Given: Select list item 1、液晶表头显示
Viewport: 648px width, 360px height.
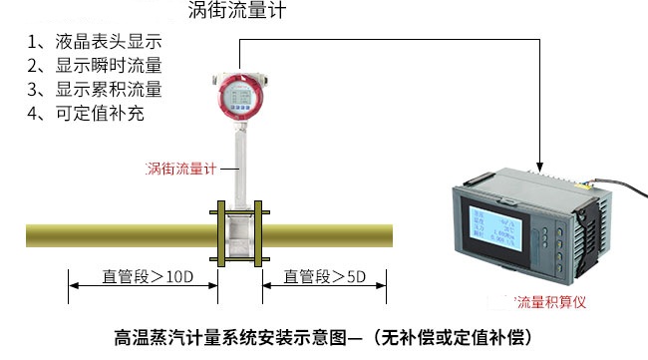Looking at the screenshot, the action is [94, 43].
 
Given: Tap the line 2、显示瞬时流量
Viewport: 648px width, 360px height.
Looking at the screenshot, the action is [94, 66].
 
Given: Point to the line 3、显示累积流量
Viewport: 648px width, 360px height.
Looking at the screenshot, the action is [94, 90].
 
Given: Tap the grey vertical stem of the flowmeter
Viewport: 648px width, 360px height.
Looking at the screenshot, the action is [240, 165].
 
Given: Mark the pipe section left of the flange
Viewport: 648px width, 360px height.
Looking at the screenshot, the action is [120, 236].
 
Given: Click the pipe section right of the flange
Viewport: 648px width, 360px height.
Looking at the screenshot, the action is [329, 236].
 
